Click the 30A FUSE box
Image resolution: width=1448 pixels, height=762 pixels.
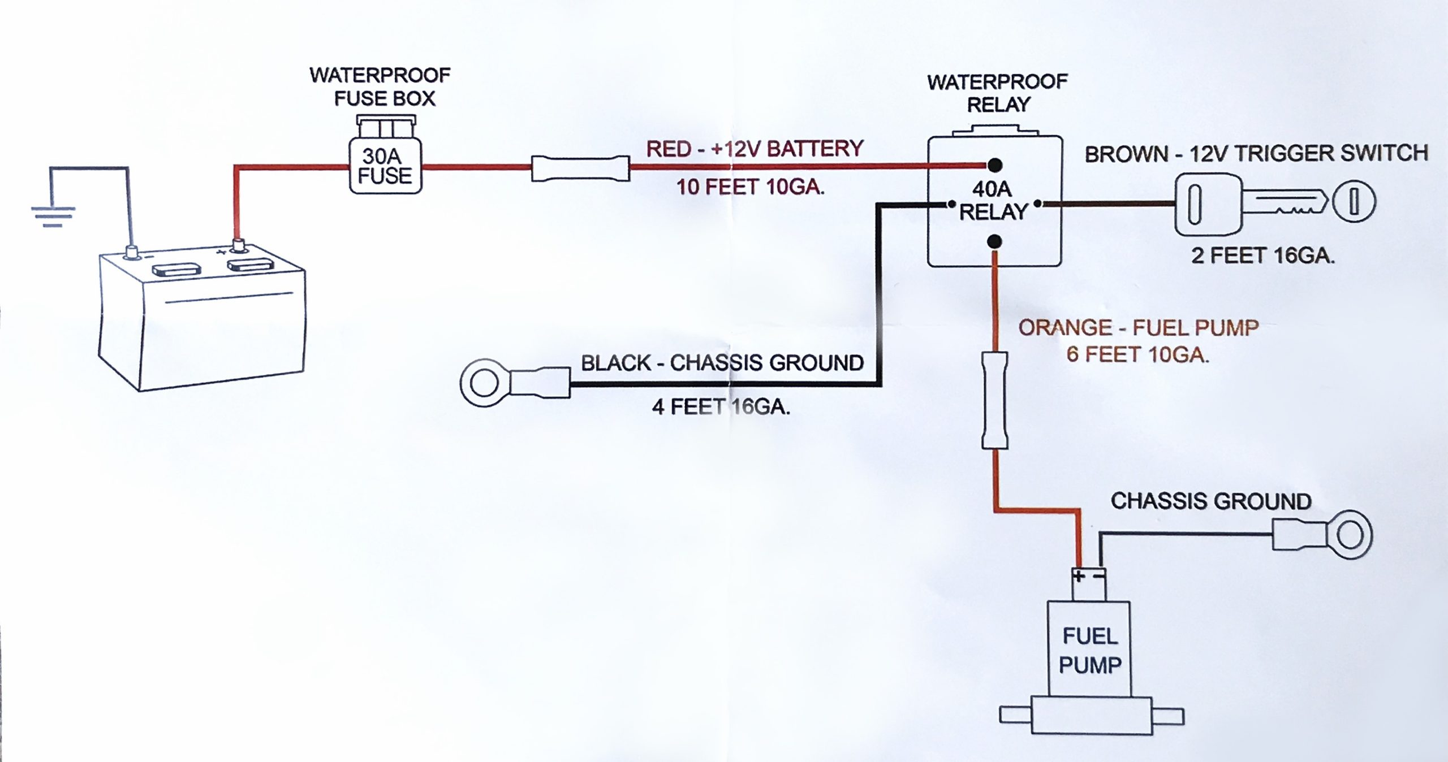385,166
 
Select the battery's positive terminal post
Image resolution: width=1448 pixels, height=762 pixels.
238,246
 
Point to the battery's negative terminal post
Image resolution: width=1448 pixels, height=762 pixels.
132,252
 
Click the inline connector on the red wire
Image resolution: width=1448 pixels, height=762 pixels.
580,168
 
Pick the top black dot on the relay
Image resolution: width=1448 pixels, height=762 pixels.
995,165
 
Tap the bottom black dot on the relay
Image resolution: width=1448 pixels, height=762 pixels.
994,242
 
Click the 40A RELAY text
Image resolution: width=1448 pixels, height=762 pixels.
993,201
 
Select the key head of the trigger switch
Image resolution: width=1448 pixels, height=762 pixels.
1208,205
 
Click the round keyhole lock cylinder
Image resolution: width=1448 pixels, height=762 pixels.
1354,202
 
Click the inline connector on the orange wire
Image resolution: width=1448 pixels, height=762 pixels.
994,400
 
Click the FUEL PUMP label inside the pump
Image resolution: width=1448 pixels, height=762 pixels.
1090,651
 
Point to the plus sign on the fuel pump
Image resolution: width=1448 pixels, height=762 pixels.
1079,576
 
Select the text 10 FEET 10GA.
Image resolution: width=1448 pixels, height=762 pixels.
750,187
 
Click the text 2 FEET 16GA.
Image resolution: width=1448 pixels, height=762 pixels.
1262,256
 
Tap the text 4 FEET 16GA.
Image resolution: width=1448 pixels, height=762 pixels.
721,406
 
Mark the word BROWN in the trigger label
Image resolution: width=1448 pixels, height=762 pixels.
1126,154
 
